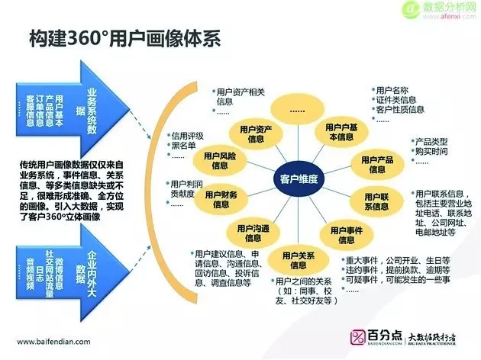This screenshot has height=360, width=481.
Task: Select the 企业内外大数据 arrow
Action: pyautogui.click(x=87, y=268)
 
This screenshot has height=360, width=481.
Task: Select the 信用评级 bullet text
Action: pyautogui.click(x=189, y=137)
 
